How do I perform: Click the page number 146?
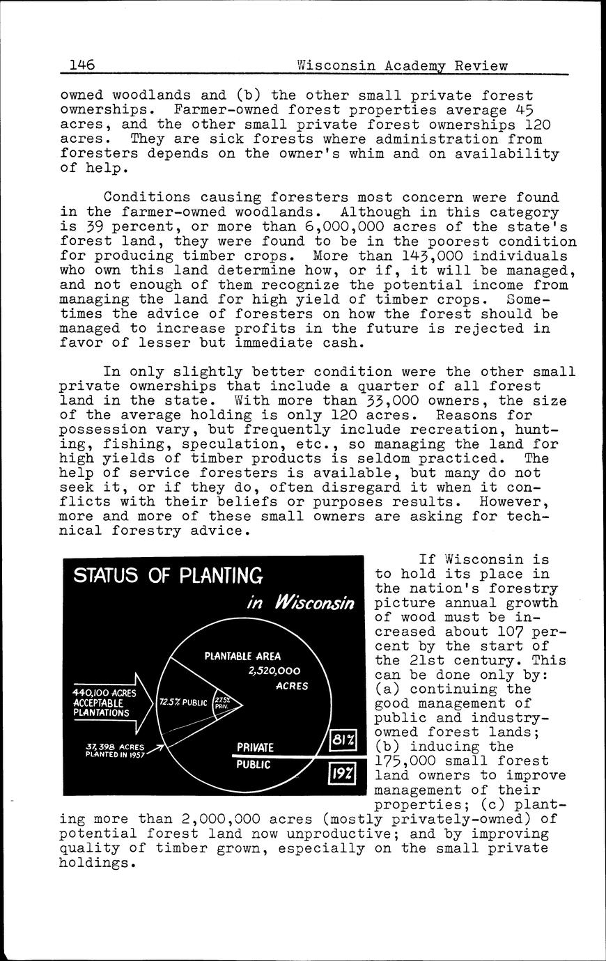point(81,66)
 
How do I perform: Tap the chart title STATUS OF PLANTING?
point(168,576)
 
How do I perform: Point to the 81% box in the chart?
point(343,739)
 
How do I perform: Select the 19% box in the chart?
point(343,774)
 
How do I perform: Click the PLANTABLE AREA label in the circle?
point(242,656)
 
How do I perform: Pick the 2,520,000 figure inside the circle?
point(274,671)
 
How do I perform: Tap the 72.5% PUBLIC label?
point(183,702)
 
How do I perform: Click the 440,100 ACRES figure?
point(104,693)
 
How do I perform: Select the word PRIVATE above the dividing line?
point(255,748)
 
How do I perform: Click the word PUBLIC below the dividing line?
point(253,764)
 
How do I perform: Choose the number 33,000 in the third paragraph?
point(399,400)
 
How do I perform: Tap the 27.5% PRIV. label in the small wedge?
point(222,702)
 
